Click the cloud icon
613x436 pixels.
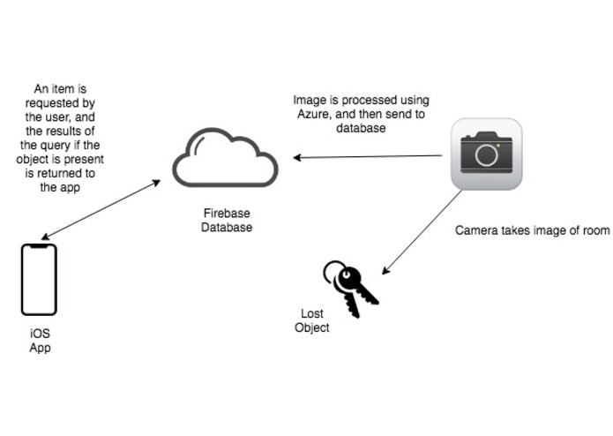(225, 159)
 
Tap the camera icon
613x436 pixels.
(486, 154)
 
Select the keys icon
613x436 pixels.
(350, 288)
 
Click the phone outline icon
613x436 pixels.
(39, 279)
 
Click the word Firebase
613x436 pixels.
(224, 214)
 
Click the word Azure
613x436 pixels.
(310, 114)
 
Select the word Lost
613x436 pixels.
(312, 314)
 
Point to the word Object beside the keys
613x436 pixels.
(312, 327)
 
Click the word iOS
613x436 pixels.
(40, 334)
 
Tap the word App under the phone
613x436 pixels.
(40, 348)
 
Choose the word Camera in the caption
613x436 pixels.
(476, 230)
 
